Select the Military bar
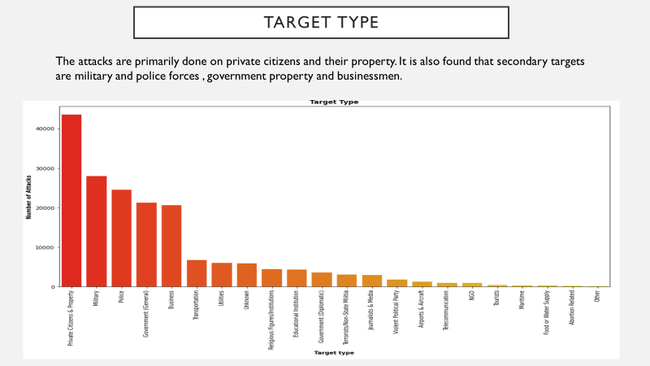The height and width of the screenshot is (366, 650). pos(97,231)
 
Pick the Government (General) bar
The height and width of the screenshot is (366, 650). pos(146,244)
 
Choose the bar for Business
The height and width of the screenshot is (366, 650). pos(171,246)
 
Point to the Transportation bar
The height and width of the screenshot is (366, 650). pos(197,273)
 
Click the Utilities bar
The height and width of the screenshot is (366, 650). pos(222,275)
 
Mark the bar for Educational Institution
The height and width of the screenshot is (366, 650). pos(297,278)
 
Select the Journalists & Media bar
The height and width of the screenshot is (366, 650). pos(371,281)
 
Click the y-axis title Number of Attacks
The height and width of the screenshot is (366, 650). pos(28,196)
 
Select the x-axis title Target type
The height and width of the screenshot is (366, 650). pos(334,352)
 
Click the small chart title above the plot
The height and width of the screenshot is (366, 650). pos(334,102)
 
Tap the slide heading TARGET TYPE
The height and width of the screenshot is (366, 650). pos(322,22)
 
